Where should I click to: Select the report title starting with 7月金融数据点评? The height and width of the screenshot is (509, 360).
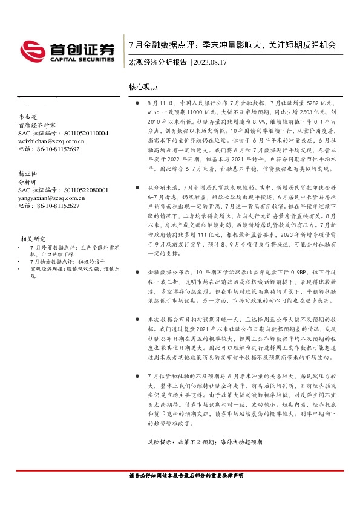coord(232,45)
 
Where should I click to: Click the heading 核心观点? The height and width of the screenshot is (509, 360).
coord(143,87)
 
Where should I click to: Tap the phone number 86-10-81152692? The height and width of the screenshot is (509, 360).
coord(58,149)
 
